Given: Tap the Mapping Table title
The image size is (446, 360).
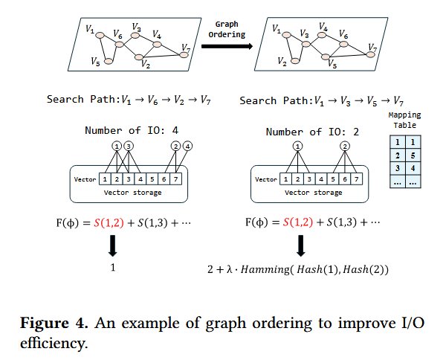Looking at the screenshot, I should point(405,120).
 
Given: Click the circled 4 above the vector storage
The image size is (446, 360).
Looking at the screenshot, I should point(187,146).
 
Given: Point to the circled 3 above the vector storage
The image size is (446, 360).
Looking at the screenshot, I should point(130,146).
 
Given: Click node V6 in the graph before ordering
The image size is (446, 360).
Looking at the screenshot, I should point(118,44).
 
